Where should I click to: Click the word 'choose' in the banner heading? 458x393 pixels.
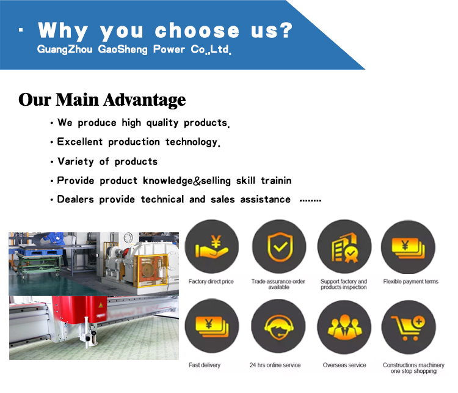197,31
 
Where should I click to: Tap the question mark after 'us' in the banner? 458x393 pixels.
286,30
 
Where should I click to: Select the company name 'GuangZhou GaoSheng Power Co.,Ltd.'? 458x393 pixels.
134,50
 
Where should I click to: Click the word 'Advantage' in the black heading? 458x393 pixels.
144,100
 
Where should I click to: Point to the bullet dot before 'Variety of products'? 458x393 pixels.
52,162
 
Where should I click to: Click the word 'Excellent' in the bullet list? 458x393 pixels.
80,142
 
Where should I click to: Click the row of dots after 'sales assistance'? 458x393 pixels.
310,200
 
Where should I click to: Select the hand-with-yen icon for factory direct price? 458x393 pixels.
211,246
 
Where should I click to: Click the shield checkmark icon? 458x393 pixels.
280,247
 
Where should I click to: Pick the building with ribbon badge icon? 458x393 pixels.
345,248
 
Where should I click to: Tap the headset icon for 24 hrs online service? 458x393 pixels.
278,327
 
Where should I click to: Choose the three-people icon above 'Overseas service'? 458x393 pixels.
344,327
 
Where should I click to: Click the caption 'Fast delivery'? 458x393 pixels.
205,365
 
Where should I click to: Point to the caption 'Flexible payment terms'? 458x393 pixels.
411,281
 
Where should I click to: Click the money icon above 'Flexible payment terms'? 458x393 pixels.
408,248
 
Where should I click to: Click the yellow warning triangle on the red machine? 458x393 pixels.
101,305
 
